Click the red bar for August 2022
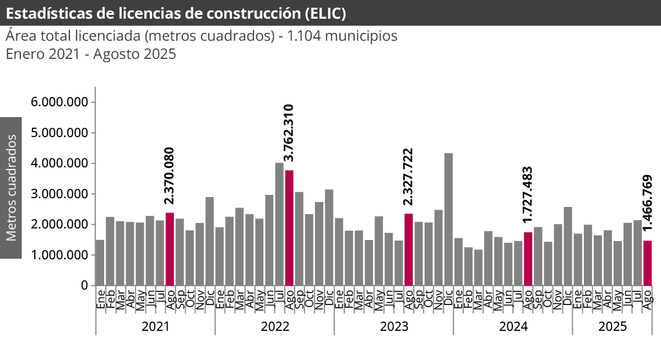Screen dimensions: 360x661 289,228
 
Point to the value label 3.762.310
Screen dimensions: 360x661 289,136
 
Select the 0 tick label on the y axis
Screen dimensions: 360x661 84,286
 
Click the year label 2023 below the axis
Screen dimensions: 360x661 394,326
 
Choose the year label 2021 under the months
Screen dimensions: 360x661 155,326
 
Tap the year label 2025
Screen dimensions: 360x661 613,326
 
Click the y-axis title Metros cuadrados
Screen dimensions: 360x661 11,188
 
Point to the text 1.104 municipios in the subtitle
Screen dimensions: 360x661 342,36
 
